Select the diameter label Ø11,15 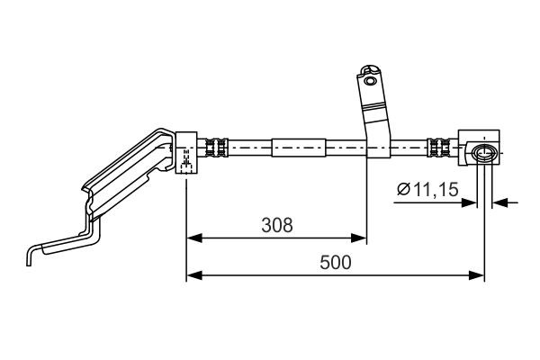[428, 189]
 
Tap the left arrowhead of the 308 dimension [192, 238]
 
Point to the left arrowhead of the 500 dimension [192, 275]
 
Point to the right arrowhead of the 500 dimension [479, 275]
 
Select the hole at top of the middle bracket [369, 78]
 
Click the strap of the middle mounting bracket [375, 117]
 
